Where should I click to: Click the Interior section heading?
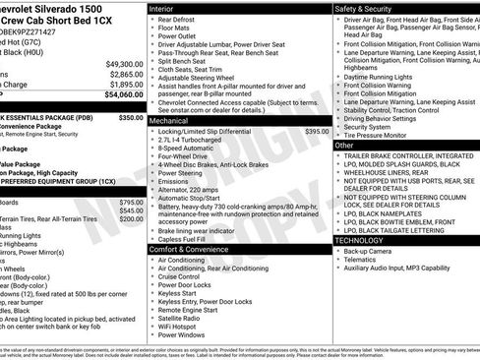point(163,8)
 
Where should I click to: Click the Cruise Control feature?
point(185,278)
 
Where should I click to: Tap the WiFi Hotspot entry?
point(181,325)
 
